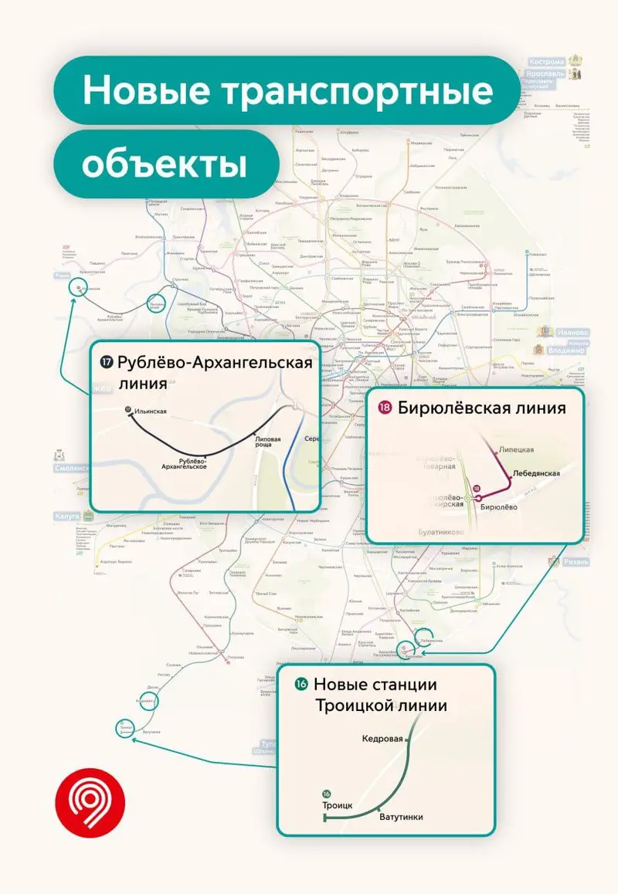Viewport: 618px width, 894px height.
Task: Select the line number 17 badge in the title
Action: (107, 361)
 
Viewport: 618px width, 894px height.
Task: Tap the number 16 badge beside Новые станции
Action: (301, 684)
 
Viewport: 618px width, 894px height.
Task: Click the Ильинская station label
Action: (151, 411)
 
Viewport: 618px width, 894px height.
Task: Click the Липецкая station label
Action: (517, 449)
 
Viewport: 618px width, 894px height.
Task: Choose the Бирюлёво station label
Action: (498, 507)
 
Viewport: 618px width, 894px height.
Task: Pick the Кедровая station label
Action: (382, 738)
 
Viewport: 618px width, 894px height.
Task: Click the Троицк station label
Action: (337, 805)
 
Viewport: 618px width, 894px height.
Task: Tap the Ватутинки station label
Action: (400, 817)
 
